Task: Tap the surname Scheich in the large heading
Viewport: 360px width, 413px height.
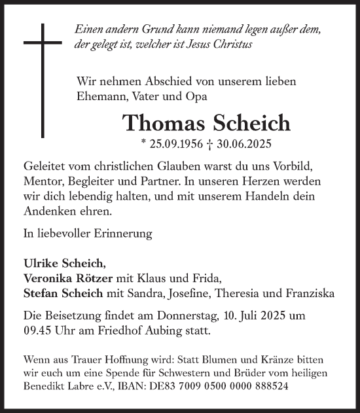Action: pos(232,123)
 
